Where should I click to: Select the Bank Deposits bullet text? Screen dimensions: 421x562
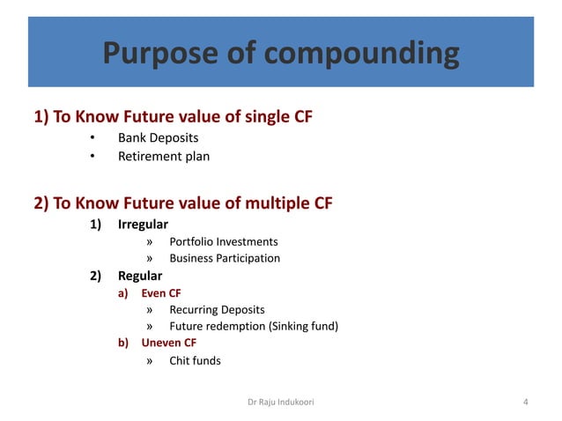pos(159,138)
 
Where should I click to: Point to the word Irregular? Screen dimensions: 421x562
pos(143,225)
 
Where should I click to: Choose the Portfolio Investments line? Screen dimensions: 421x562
pos(224,241)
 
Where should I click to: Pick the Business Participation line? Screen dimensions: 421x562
pos(225,258)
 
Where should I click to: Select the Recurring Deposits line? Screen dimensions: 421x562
pos(217,310)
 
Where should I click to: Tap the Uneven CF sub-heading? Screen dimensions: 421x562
pos(169,343)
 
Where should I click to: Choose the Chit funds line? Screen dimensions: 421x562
pos(196,360)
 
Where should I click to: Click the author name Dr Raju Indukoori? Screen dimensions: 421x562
pos(281,403)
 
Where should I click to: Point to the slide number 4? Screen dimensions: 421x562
pos(525,403)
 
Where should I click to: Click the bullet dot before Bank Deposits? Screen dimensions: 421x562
pos(92,139)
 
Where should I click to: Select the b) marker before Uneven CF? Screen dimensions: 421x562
pos(124,343)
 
